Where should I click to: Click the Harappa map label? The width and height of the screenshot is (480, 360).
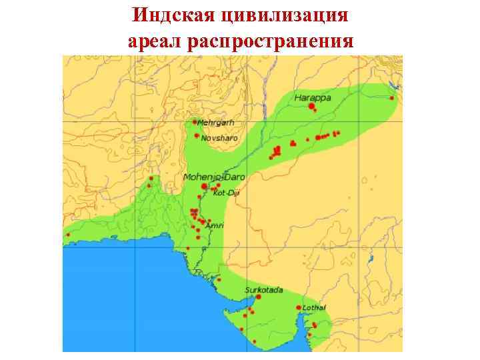click(313, 97)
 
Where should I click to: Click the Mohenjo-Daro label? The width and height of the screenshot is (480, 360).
click(214, 177)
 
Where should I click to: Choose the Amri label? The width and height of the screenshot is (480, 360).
click(215, 226)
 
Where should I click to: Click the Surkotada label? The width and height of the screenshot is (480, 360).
click(264, 290)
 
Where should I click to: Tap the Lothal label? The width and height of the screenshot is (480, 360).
click(314, 307)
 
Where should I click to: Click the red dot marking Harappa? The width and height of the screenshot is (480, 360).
click(311, 106)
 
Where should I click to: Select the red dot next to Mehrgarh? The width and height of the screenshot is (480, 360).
click(195, 122)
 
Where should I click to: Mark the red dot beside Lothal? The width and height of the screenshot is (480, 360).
click(298, 307)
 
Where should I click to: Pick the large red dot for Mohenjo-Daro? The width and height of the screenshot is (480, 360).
click(204, 187)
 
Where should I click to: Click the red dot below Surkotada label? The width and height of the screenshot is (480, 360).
click(258, 297)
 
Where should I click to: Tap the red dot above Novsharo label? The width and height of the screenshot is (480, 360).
click(197, 135)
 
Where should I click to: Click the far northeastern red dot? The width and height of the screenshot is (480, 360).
click(392, 99)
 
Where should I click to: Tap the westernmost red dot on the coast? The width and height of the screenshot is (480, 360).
click(67, 235)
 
